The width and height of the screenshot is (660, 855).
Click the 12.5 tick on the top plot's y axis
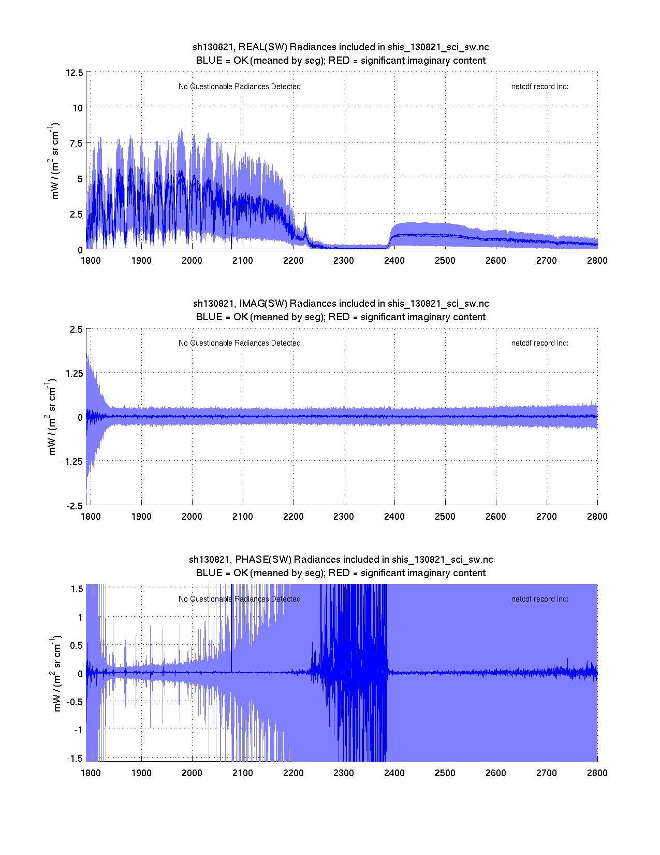(74, 73)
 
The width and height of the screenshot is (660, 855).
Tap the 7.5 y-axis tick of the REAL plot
(76, 143)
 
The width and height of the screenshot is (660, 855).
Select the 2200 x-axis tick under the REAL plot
(293, 261)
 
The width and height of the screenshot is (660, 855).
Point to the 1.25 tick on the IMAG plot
(73, 373)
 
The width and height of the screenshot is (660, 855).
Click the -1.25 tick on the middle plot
(71, 462)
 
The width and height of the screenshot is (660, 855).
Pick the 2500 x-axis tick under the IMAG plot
(445, 517)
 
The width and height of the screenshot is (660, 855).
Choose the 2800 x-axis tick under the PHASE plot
(597, 773)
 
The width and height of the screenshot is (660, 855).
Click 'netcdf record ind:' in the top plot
(539, 87)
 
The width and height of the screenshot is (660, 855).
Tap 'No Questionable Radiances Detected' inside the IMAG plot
(239, 343)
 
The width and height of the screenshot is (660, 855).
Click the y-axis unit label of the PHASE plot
(57, 673)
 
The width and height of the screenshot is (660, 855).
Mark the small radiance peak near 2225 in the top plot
(305, 215)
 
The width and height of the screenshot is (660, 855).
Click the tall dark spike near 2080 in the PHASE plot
(231, 622)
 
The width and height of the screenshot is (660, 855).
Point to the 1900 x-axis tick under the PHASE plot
(141, 773)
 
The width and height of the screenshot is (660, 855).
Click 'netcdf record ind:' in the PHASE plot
(539, 599)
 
